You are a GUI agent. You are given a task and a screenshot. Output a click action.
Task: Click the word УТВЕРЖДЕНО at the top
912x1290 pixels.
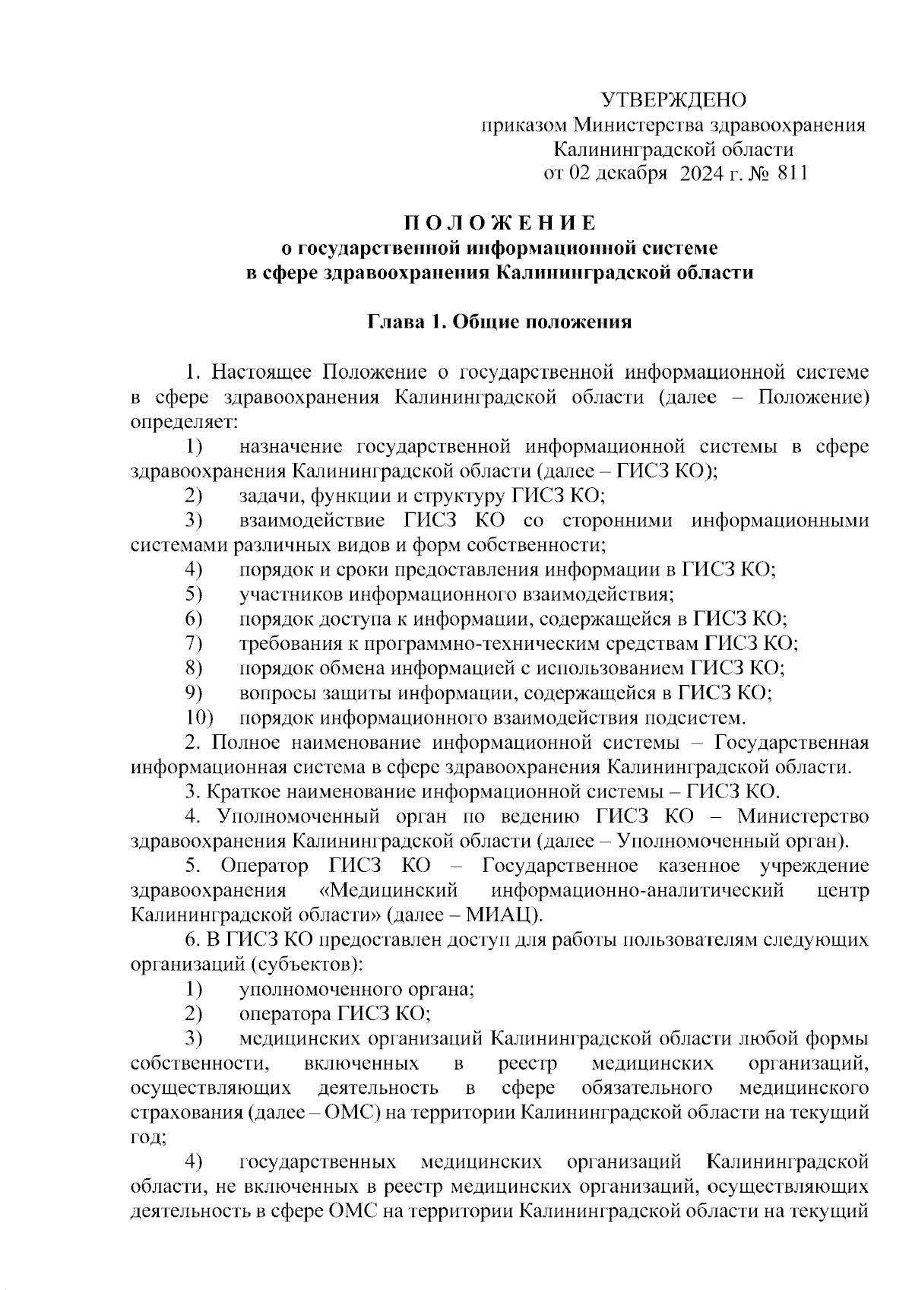673,100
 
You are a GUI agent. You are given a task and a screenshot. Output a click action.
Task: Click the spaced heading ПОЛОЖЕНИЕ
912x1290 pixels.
499,223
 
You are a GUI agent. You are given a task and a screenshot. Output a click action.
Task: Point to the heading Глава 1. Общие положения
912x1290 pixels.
499,322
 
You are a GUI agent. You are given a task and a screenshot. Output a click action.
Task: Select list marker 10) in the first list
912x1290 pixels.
200,718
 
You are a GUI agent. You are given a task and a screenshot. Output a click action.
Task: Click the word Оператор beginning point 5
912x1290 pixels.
264,866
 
